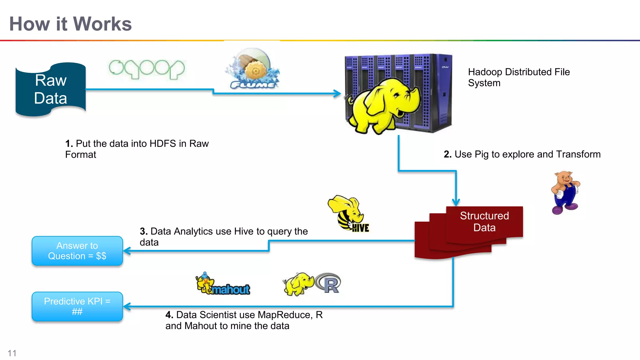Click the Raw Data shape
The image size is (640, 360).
pyautogui.click(x=51, y=89)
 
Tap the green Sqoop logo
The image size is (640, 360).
pyautogui.click(x=147, y=69)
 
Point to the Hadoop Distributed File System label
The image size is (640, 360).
pyautogui.click(x=518, y=77)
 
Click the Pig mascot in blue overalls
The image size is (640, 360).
pyautogui.click(x=565, y=192)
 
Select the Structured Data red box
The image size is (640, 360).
pyautogui.click(x=484, y=222)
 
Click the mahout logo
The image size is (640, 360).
pyautogui.click(x=223, y=284)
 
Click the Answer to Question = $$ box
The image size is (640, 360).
pyautogui.click(x=77, y=251)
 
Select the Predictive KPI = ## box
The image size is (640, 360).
pyautogui.click(x=77, y=306)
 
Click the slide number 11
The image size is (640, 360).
pyautogui.click(x=12, y=353)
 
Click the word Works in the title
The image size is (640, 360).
pyautogui.click(x=102, y=24)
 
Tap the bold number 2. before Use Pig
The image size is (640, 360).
pyautogui.click(x=447, y=154)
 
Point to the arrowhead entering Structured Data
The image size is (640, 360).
pyautogui.click(x=456, y=202)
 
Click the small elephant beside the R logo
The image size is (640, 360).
pyautogui.click(x=298, y=284)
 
